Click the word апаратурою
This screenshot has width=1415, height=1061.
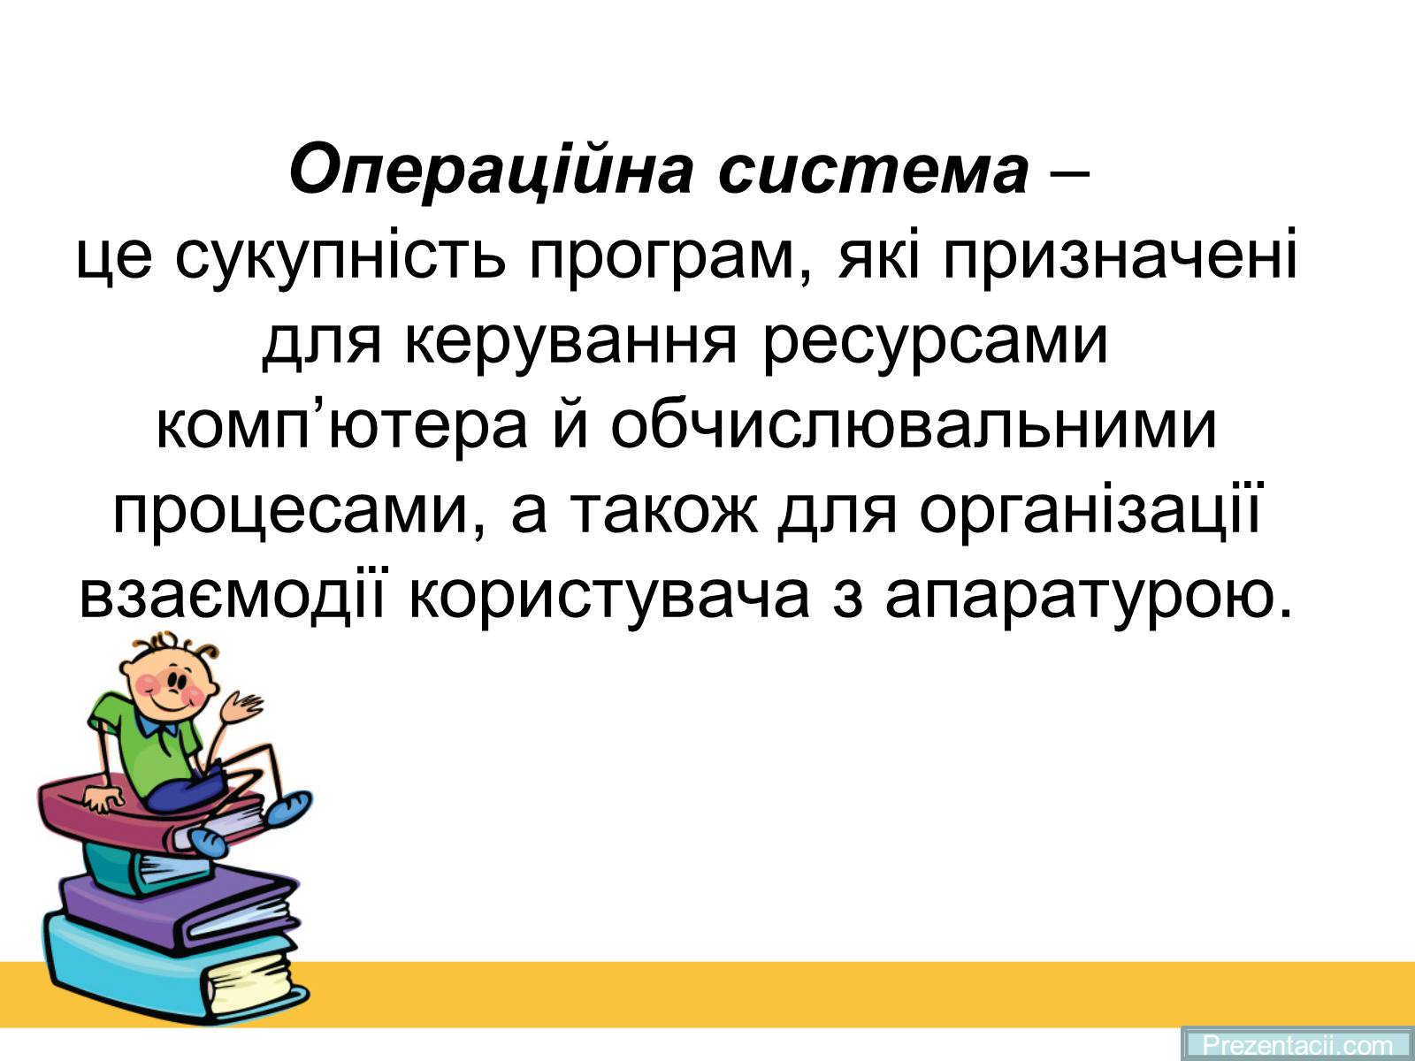pyautogui.click(x=1090, y=597)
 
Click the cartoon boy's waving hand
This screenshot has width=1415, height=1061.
pyautogui.click(x=241, y=708)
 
